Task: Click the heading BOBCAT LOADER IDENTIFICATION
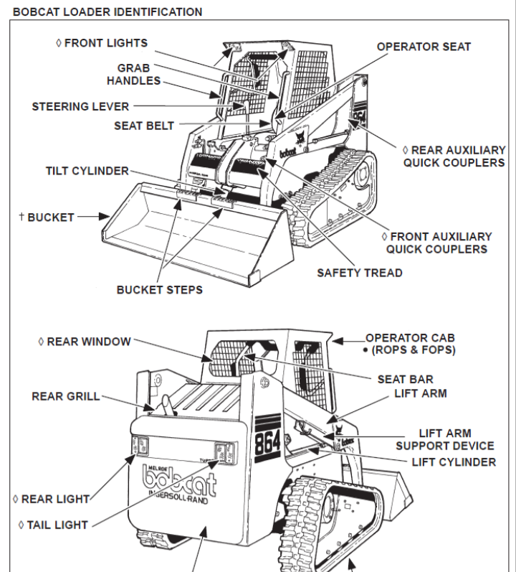[107, 12]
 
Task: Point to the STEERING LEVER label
[80, 107]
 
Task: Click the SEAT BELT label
[144, 126]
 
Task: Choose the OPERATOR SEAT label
[424, 47]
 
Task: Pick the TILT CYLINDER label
[87, 171]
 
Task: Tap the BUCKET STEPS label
[159, 290]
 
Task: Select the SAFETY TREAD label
[360, 273]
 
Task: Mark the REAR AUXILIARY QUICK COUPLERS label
[454, 156]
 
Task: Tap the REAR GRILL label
[66, 396]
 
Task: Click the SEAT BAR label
[405, 379]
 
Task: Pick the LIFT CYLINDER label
[453, 462]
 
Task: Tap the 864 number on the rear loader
[267, 439]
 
